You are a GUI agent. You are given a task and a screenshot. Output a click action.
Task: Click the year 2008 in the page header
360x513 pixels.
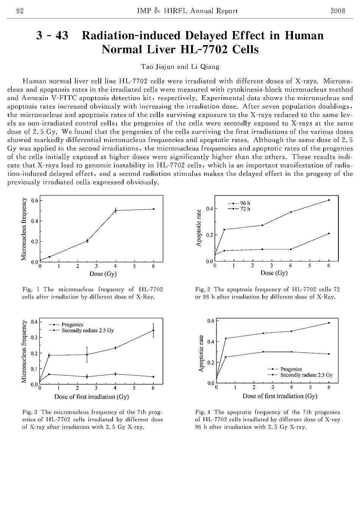[x=338, y=11]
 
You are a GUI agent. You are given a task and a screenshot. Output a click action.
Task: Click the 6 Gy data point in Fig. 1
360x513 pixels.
[x=153, y=209]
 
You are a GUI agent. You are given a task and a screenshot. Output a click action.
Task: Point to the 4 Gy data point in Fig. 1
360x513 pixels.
[x=116, y=210]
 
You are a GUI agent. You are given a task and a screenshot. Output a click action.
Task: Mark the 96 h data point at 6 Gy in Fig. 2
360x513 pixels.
[x=329, y=200]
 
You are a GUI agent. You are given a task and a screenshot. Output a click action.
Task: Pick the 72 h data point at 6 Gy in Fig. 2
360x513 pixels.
[x=329, y=233]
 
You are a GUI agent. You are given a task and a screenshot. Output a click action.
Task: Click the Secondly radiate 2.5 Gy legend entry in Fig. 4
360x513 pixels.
[x=306, y=375]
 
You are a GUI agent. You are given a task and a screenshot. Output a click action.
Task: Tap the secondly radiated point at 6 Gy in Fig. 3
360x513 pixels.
[x=153, y=330]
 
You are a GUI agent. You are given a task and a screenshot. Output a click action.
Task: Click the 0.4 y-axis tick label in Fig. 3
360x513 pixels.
[x=34, y=322]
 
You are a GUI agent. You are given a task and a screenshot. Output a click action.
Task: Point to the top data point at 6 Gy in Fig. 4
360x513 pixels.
[x=329, y=323]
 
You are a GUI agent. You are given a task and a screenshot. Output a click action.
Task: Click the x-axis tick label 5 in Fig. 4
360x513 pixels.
[x=310, y=387]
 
